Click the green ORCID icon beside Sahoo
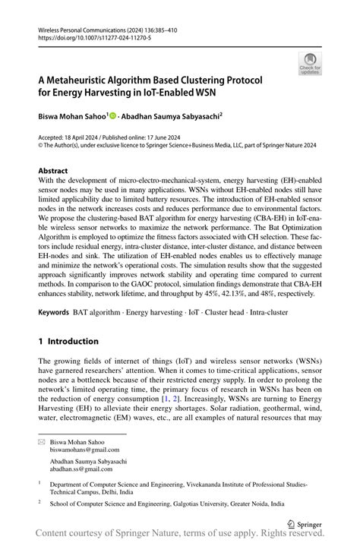click(113, 116)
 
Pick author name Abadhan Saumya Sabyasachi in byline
click(171, 116)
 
